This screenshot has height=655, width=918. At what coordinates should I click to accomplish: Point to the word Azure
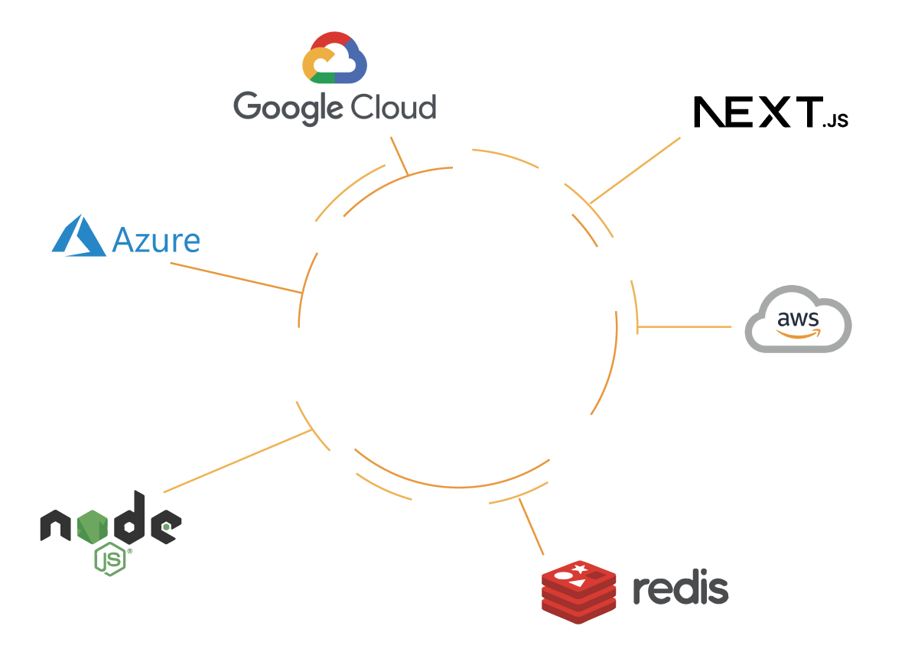point(156,240)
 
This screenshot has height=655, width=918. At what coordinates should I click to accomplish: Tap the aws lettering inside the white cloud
point(798,319)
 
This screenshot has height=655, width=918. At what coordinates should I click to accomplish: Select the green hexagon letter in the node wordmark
point(97,526)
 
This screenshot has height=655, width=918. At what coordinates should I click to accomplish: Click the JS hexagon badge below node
point(111,560)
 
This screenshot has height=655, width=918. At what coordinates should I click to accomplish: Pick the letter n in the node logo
point(55,527)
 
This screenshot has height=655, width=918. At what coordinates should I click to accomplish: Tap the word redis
point(680,589)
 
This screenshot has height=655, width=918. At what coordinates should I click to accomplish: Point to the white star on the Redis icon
point(581,569)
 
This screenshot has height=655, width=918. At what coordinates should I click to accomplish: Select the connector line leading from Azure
point(234,277)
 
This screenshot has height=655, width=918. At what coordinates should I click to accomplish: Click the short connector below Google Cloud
point(399,155)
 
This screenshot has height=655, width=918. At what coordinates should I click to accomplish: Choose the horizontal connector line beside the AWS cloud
point(685,327)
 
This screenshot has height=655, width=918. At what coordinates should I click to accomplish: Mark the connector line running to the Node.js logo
point(237,462)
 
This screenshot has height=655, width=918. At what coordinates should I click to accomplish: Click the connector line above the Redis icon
point(532,527)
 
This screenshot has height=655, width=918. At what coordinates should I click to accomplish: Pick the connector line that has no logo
point(634,170)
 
